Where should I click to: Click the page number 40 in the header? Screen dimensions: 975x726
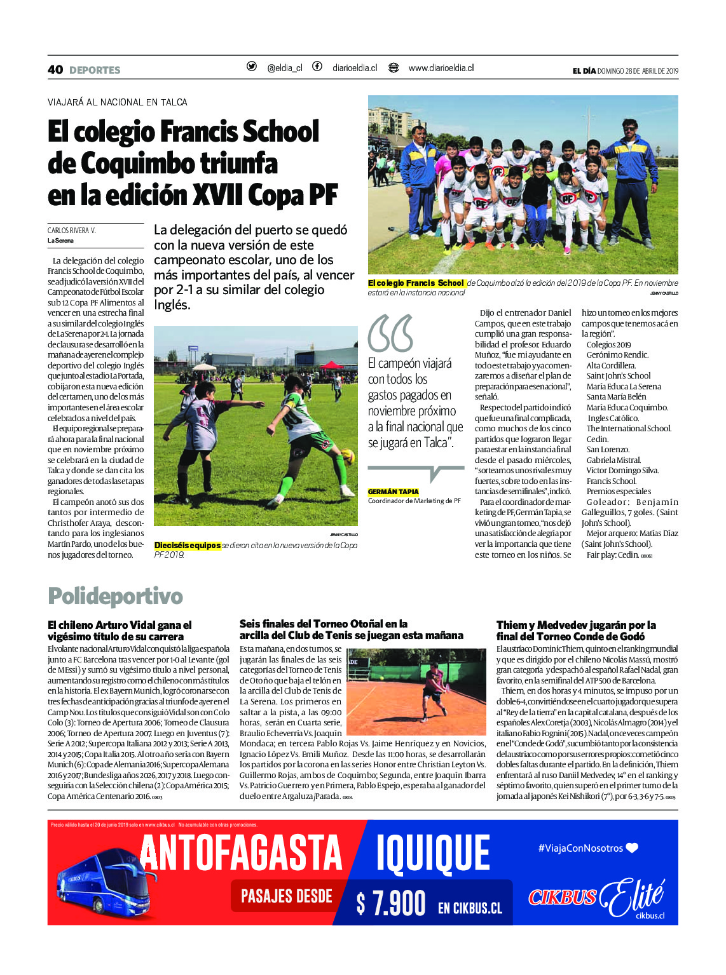tap(55, 69)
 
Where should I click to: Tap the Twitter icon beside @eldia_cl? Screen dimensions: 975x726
tap(252, 67)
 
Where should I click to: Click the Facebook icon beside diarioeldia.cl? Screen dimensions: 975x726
tap(317, 67)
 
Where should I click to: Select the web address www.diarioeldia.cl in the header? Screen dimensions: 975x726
tap(441, 68)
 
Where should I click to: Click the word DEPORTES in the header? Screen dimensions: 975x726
tap(95, 70)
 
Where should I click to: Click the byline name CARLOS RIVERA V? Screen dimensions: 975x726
tap(72, 231)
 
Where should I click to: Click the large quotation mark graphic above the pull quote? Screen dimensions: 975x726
tap(390, 333)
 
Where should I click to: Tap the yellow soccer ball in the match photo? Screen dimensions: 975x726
tap(347, 456)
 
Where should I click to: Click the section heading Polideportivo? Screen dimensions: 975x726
tap(115, 596)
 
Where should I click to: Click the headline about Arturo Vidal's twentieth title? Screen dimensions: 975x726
tap(120, 631)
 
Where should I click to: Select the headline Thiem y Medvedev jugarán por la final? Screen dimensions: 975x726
tap(576, 631)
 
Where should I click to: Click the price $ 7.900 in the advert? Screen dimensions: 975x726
tap(391, 903)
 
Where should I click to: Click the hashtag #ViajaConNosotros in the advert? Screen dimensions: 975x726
tap(580, 848)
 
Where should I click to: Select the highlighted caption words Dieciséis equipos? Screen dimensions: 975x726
tap(188, 545)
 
